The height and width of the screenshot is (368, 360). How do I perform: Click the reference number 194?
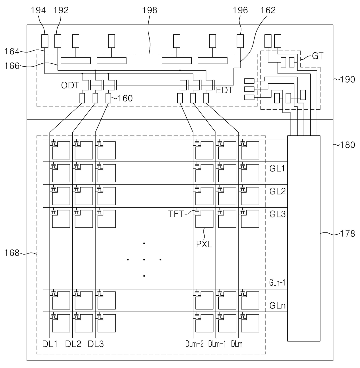click(38, 10)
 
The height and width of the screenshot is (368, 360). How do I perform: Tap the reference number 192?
click(61, 10)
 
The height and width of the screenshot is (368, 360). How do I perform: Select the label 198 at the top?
click(150, 10)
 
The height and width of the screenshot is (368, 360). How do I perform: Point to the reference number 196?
click(240, 10)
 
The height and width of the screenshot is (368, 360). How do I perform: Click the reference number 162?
click(268, 10)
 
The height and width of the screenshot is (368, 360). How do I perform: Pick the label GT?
click(317, 56)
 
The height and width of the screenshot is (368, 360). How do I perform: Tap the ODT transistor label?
click(70, 85)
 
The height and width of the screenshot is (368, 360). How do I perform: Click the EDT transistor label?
click(224, 90)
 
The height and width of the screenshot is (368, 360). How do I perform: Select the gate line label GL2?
click(277, 191)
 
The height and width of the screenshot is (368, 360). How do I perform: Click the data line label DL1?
click(50, 344)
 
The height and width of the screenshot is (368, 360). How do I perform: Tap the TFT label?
click(176, 214)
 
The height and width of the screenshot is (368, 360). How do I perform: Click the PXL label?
click(204, 244)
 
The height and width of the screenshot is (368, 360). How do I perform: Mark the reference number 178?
click(348, 234)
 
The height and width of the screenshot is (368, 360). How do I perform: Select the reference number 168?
click(12, 253)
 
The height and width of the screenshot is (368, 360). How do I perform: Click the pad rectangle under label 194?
click(45, 41)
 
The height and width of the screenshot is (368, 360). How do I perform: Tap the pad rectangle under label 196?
click(240, 41)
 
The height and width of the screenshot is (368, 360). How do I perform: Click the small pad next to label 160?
click(108, 98)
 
